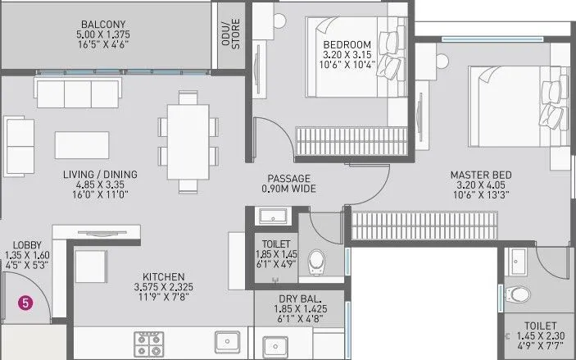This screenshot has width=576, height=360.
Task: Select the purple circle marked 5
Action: (x=26, y=303)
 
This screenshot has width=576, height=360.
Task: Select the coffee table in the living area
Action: (x=83, y=144)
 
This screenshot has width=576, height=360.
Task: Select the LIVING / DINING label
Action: (x=100, y=175)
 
